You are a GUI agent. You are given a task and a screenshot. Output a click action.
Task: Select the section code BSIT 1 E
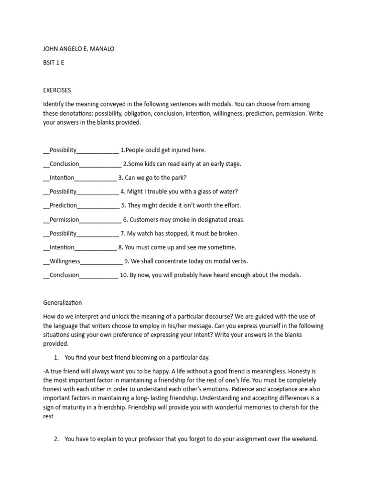(54, 62)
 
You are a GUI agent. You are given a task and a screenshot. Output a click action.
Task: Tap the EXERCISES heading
(57, 90)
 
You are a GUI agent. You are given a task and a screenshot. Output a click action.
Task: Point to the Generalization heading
(63, 302)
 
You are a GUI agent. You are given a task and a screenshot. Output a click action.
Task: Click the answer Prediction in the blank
(63, 205)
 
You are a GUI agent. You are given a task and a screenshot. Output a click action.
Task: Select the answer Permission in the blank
(65, 220)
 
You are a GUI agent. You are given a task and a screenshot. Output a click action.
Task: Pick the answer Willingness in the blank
(65, 261)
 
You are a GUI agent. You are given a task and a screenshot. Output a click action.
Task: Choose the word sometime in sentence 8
(223, 247)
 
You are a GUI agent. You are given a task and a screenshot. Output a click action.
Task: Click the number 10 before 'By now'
(123, 275)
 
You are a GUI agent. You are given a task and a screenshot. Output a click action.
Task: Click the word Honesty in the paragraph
(306, 371)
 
